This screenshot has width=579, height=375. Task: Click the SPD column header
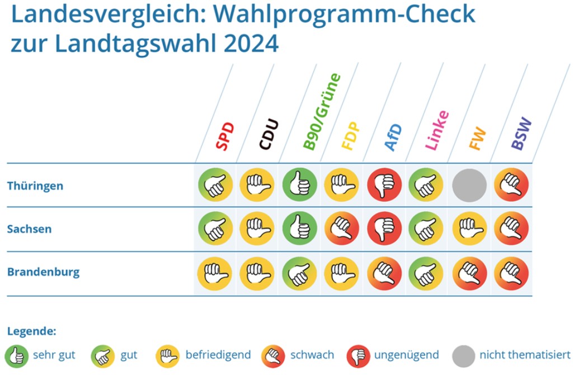(225, 136)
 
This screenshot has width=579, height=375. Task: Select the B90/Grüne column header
(322, 112)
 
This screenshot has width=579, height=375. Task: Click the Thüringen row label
(35, 186)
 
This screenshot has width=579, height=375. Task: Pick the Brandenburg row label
(43, 273)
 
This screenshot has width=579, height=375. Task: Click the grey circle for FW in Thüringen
(469, 186)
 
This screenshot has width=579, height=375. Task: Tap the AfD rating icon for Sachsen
(384, 229)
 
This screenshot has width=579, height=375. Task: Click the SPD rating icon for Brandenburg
(214, 273)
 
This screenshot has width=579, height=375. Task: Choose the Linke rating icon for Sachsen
(426, 229)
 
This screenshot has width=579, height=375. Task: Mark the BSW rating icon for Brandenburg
(511, 273)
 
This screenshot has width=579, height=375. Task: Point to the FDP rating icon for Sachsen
(341, 229)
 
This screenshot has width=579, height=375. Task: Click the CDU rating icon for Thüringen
(257, 186)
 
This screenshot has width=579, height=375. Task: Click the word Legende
(31, 331)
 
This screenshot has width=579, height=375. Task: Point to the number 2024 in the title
(251, 44)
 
